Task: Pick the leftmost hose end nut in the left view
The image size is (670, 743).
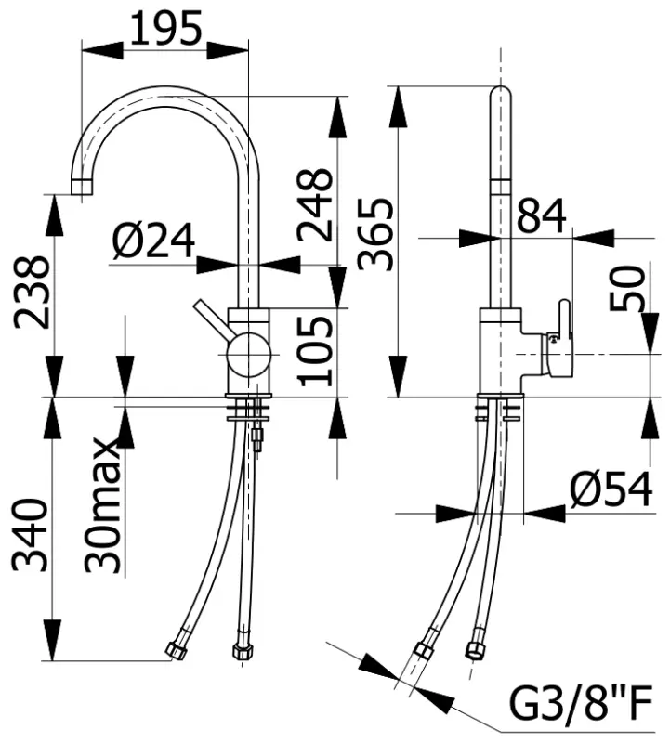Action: (x=175, y=650)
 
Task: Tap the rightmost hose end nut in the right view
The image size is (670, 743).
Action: (x=478, y=645)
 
